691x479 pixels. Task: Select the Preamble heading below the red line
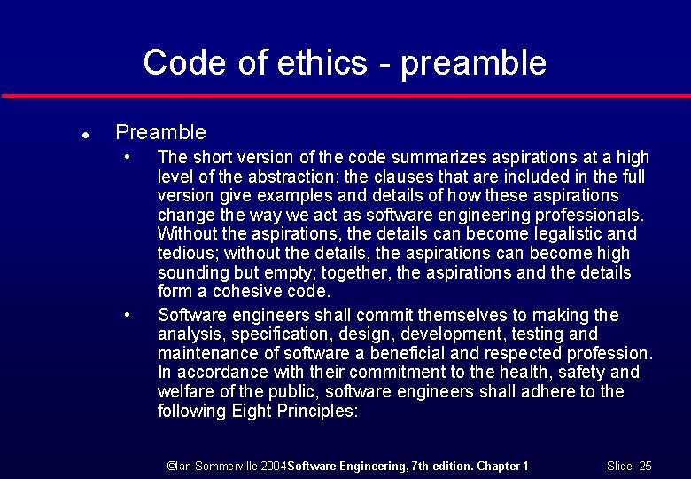[x=160, y=133]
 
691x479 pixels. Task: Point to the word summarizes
[x=380, y=158]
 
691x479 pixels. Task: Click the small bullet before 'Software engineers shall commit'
[x=128, y=314]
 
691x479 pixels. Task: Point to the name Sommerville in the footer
[x=223, y=466]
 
